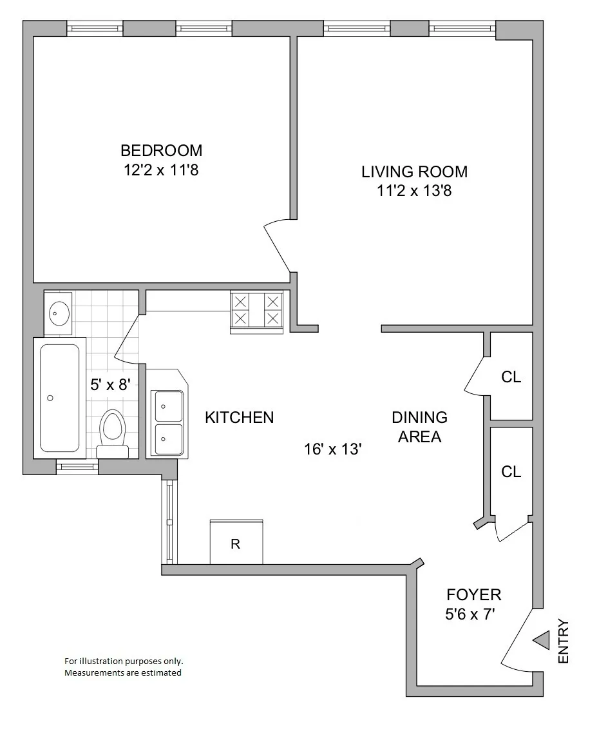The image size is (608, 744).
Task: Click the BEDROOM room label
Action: tap(161, 150)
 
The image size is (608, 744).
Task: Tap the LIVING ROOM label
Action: tap(414, 171)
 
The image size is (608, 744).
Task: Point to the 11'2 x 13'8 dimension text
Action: tap(414, 191)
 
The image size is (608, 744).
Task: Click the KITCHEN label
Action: tap(239, 418)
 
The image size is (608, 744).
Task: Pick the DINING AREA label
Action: tap(419, 427)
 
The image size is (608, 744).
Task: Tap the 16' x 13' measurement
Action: tap(332, 449)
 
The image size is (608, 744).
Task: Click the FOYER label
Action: tap(473, 594)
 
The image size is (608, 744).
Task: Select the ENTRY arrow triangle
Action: tap(541, 641)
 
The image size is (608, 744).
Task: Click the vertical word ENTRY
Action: tap(564, 641)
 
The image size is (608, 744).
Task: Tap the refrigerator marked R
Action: tap(236, 543)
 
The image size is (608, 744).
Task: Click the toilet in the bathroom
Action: tap(113, 431)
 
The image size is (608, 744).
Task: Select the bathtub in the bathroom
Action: tap(60, 398)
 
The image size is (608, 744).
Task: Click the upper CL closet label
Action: tap(511, 377)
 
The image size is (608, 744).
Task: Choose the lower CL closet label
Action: tap(511, 472)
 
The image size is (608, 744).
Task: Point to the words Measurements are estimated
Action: tap(122, 672)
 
